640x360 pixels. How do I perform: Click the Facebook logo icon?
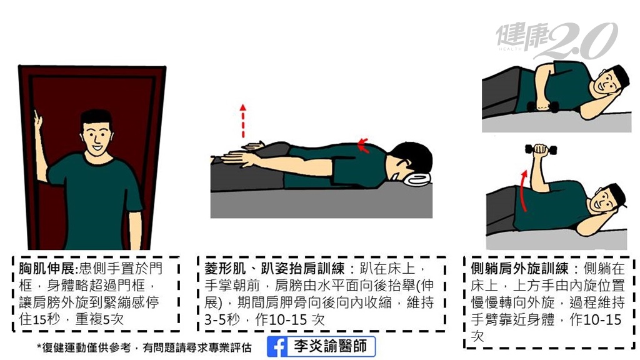coord(278,347)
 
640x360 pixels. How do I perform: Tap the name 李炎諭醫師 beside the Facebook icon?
coord(330,346)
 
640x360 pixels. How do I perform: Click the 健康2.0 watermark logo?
coord(557,40)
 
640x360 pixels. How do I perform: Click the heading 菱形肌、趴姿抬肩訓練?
coord(275,269)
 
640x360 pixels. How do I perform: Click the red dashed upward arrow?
coord(243,121)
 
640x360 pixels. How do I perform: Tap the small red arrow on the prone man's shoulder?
coord(363,145)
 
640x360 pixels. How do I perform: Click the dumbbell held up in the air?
coord(541,150)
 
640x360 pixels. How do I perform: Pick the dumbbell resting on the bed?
coord(542,107)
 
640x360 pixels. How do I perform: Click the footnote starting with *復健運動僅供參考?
coord(144,347)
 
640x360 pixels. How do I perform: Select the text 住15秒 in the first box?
coord(39,319)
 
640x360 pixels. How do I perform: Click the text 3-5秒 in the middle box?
coord(222,319)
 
